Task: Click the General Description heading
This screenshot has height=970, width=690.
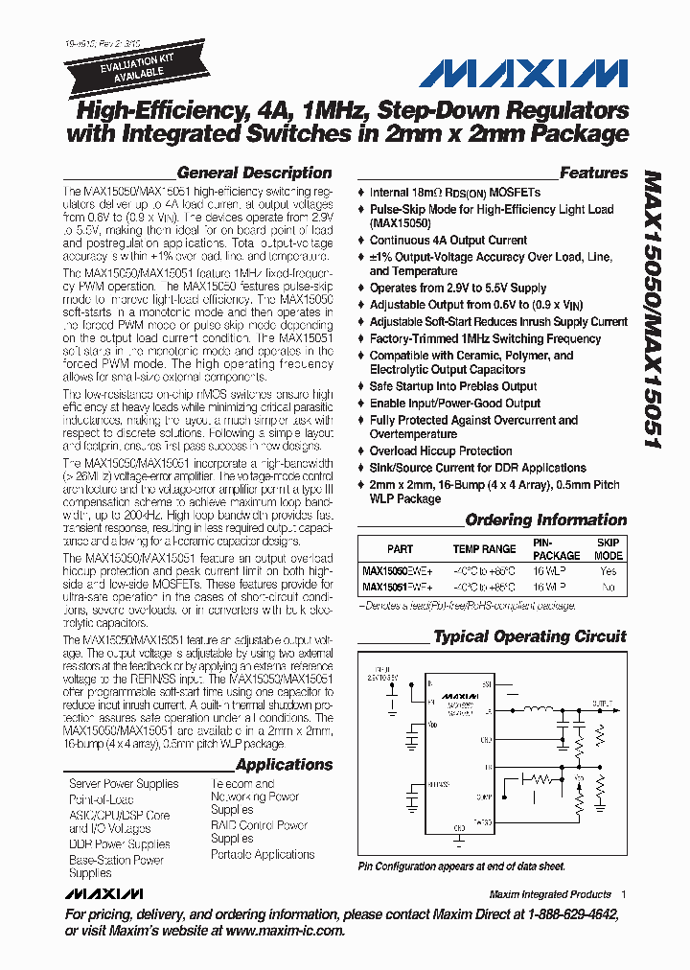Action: [x=255, y=173]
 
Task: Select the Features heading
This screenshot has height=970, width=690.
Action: [x=593, y=173]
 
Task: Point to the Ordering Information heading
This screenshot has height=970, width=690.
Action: [x=545, y=520]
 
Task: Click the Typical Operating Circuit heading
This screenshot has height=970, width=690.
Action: [x=529, y=636]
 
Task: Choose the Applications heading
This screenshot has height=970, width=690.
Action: [x=284, y=765]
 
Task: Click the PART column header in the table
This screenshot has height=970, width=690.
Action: [x=400, y=549]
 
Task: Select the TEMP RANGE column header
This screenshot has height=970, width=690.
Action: [x=485, y=549]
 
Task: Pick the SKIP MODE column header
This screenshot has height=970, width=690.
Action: [x=608, y=549]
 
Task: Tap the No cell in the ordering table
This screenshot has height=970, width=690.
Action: [x=608, y=586]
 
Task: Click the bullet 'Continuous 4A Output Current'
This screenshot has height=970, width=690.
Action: [x=448, y=241]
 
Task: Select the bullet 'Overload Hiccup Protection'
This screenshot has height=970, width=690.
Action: [x=441, y=451]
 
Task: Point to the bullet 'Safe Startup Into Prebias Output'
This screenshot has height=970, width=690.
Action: [x=453, y=386]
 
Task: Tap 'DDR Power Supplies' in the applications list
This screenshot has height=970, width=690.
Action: [x=120, y=844]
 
